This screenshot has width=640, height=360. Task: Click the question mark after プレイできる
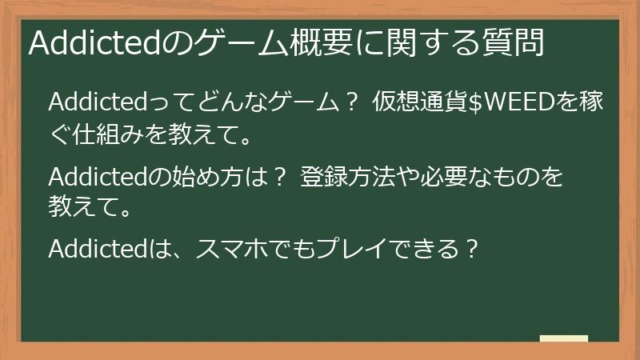click(x=472, y=250)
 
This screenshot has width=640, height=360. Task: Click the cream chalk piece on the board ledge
click(x=563, y=338)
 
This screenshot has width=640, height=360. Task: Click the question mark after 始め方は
click(x=279, y=177)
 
